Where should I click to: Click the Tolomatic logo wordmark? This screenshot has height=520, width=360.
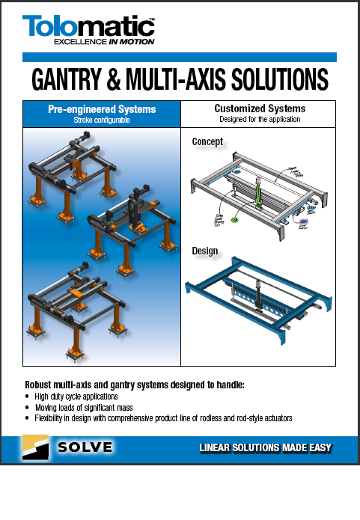click(x=88, y=28)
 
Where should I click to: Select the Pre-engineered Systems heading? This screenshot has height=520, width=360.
click(x=102, y=109)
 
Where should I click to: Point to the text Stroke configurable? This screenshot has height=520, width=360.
click(x=102, y=120)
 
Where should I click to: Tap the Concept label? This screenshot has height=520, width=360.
click(x=207, y=141)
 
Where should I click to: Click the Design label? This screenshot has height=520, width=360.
click(x=205, y=251)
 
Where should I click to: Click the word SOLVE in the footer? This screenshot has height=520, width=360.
click(x=86, y=447)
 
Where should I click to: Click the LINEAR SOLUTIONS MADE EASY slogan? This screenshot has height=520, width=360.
click(x=265, y=448)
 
